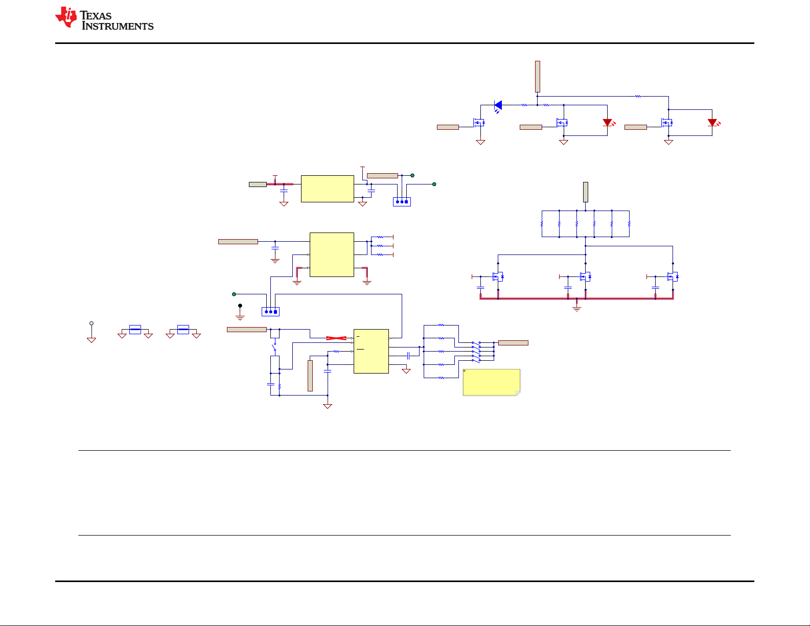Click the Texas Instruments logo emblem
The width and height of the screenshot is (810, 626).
coord(66,17)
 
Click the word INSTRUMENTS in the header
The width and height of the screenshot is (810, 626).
coord(118,26)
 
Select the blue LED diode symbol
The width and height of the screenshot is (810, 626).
coord(498,106)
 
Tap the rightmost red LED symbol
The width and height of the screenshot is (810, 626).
coord(713,123)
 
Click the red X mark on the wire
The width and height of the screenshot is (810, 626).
coord(336,338)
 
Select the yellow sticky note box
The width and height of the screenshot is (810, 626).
coord(492,382)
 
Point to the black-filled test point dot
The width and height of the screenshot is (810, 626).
coord(240,306)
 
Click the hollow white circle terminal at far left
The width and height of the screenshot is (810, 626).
coord(91,323)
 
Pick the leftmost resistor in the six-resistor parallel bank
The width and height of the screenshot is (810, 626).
coord(542,224)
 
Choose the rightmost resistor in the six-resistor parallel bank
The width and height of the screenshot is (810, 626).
coord(629,224)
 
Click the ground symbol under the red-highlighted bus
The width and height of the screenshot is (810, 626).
coord(576,309)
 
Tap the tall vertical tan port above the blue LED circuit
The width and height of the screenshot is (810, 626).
coord(538,77)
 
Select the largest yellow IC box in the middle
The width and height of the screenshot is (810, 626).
coord(332,255)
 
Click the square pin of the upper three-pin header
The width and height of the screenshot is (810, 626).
coord(406,202)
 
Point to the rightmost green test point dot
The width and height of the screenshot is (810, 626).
coord(434,184)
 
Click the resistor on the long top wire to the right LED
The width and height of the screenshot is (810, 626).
coord(638,97)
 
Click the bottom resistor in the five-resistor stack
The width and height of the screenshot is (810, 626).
coord(441,378)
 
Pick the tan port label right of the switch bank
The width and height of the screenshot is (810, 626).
coord(513,343)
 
